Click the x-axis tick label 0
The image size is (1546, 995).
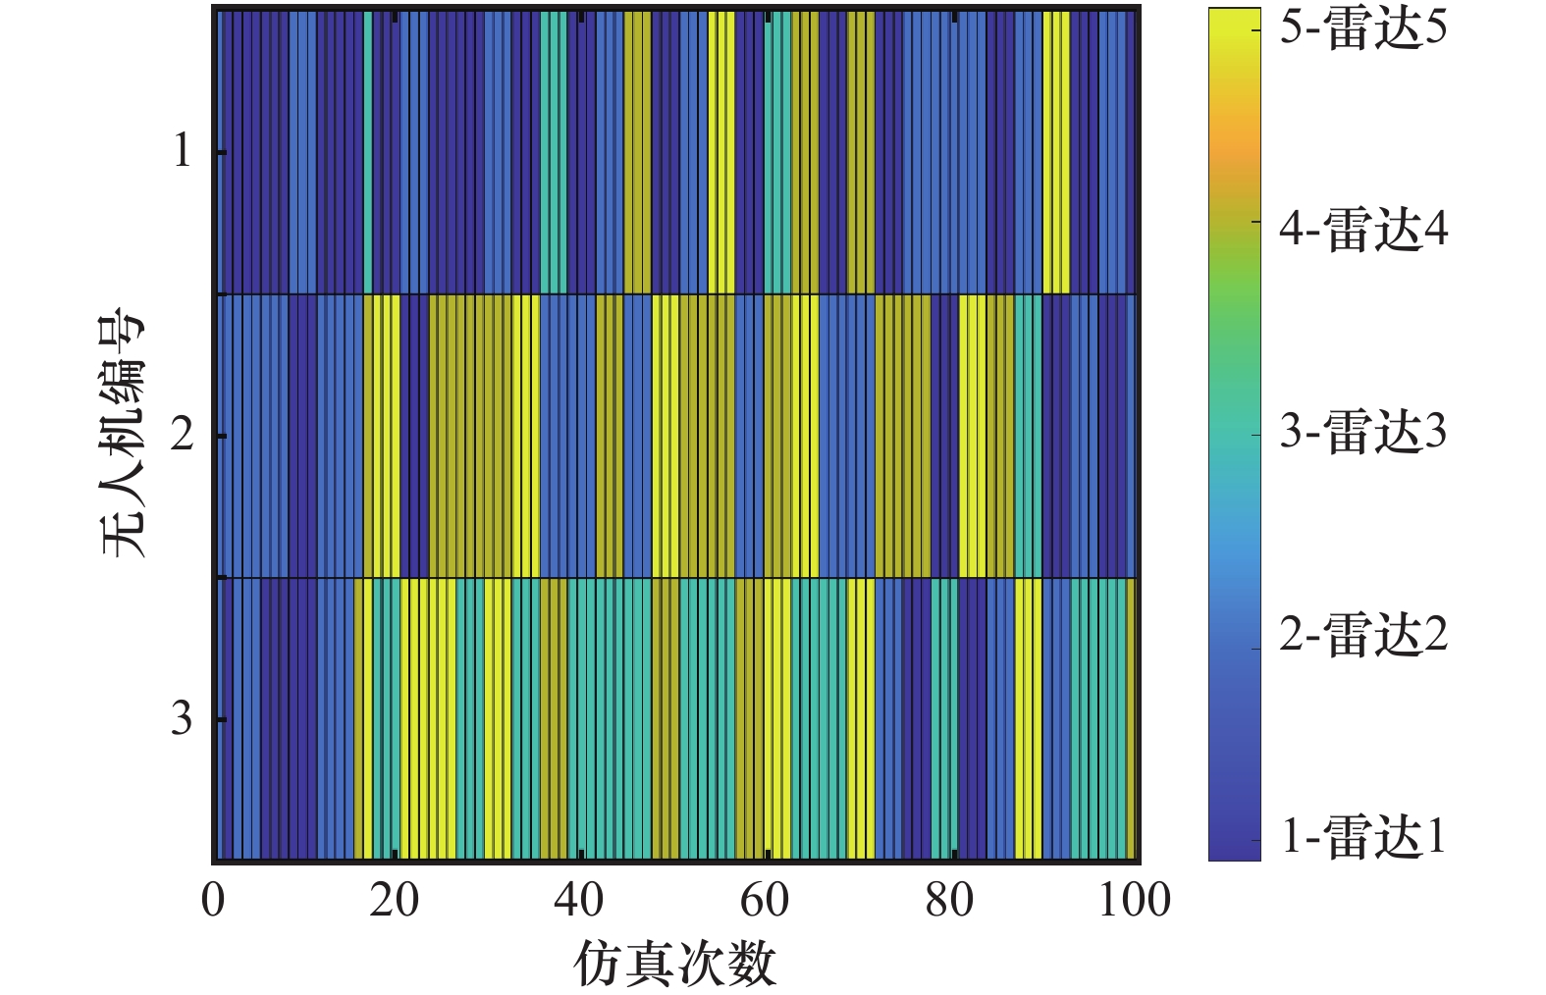tap(213, 901)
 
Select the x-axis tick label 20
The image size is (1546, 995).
tap(394, 901)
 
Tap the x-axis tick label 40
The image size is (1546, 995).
tap(578, 901)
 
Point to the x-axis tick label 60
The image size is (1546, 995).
tap(764, 901)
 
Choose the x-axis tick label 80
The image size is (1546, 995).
tap(948, 901)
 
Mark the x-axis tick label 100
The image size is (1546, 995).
tap(1134, 901)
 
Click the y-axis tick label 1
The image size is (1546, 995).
tap(182, 152)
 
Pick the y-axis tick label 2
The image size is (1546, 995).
tap(182, 435)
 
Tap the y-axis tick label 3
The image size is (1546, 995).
tap(182, 719)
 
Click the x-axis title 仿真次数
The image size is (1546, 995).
tap(675, 963)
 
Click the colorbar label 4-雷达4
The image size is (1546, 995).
tap(1362, 231)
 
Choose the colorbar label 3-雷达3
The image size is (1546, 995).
tap(1362, 432)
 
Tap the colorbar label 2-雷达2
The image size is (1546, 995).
tap(1362, 635)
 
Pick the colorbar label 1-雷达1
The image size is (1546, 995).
tap(1362, 837)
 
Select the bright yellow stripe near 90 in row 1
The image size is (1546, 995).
tap(1056, 152)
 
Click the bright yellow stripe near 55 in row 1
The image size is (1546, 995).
tap(721, 152)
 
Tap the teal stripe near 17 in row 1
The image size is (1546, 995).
tap(368, 152)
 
